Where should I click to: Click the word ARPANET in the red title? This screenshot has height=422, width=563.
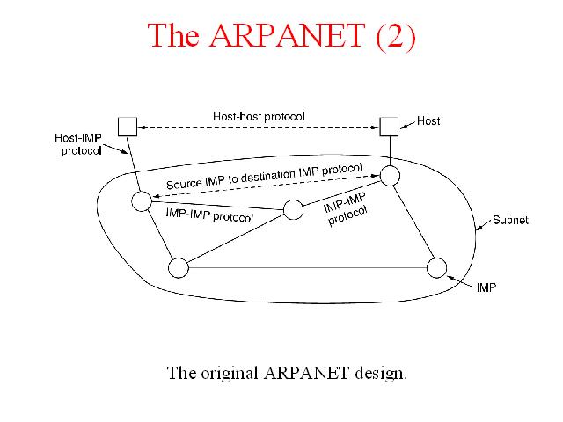pyautogui.click(x=288, y=35)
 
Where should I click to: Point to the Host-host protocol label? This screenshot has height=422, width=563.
pyautogui.click(x=259, y=116)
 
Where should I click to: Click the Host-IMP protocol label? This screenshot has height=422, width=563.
pyautogui.click(x=78, y=144)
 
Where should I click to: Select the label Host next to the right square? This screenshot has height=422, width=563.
pyautogui.click(x=428, y=121)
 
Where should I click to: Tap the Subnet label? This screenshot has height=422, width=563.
pyautogui.click(x=510, y=220)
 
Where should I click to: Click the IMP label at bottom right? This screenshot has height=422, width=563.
pyautogui.click(x=486, y=287)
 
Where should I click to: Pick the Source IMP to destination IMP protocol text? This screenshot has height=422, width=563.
pyautogui.click(x=264, y=176)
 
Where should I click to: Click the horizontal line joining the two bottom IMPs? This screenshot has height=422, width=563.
pyautogui.click(x=308, y=267)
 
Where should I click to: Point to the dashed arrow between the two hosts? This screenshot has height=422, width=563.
pyautogui.click(x=259, y=127)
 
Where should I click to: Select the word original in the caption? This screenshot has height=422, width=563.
pyautogui.click(x=230, y=373)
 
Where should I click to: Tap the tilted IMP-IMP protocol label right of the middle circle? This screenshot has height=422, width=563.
pyautogui.click(x=346, y=209)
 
